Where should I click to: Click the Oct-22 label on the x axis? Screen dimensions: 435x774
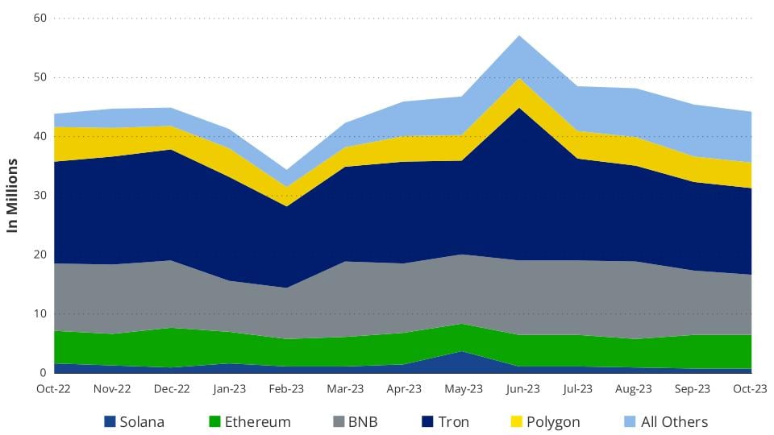(x=54, y=389)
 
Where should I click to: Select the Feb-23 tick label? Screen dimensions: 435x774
(x=287, y=389)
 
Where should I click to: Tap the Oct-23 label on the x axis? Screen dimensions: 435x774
(x=750, y=389)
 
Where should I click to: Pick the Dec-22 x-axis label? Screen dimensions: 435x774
(x=171, y=389)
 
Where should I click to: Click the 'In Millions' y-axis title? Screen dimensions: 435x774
(x=13, y=196)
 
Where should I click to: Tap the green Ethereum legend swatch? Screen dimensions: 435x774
(x=215, y=421)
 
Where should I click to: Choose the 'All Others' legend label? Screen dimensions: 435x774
(x=674, y=421)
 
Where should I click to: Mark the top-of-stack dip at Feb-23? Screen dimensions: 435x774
(x=287, y=170)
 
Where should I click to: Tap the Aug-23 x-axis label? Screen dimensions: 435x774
(x=635, y=389)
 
